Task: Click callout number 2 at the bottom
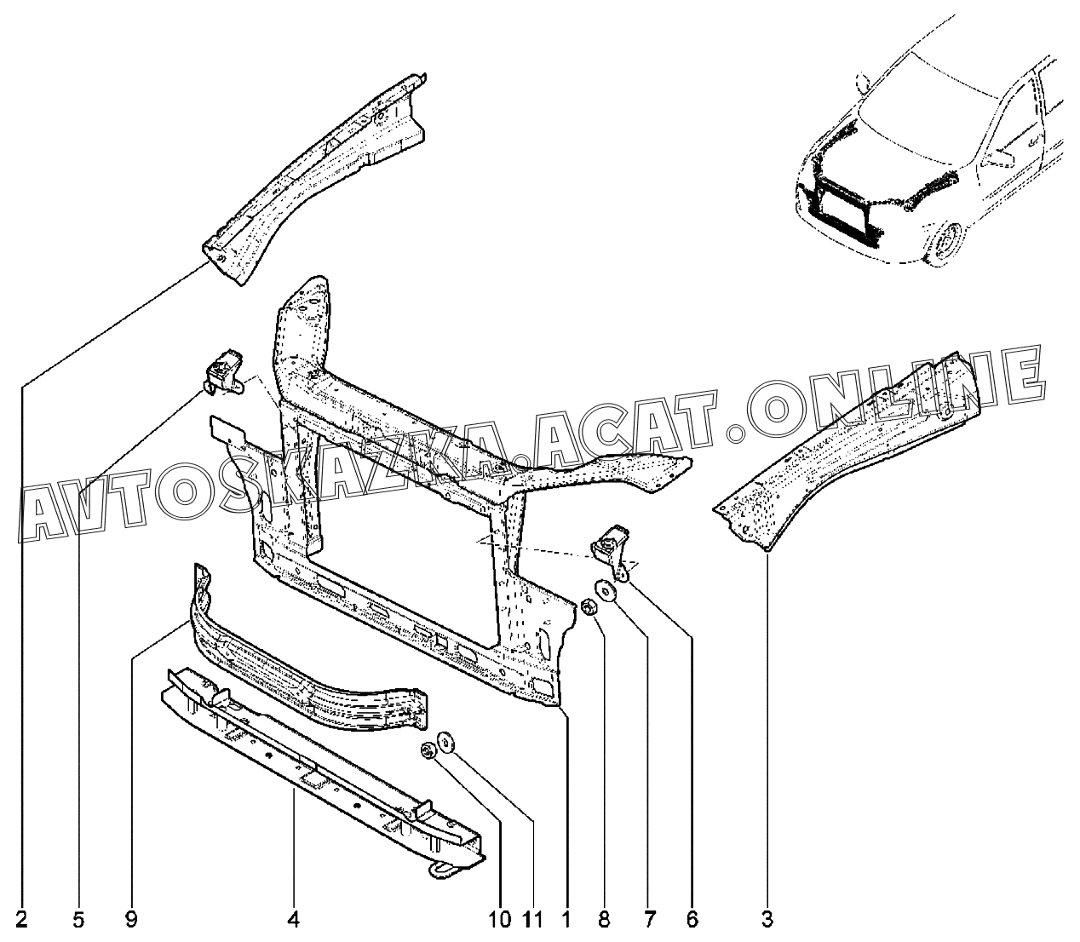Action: click(x=21, y=920)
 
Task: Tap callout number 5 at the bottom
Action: click(x=78, y=920)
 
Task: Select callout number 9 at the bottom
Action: click(x=131, y=920)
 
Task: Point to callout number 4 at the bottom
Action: click(x=293, y=920)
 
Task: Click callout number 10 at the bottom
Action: click(x=500, y=920)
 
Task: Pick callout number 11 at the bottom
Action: click(x=532, y=920)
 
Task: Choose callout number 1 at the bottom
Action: click(x=566, y=920)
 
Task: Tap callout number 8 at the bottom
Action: click(x=603, y=920)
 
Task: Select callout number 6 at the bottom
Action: click(x=692, y=920)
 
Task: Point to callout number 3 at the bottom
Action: click(x=767, y=920)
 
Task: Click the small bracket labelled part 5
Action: click(x=223, y=372)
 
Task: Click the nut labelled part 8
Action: click(x=588, y=606)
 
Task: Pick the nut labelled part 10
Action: click(x=428, y=750)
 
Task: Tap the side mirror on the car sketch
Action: click(x=998, y=159)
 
